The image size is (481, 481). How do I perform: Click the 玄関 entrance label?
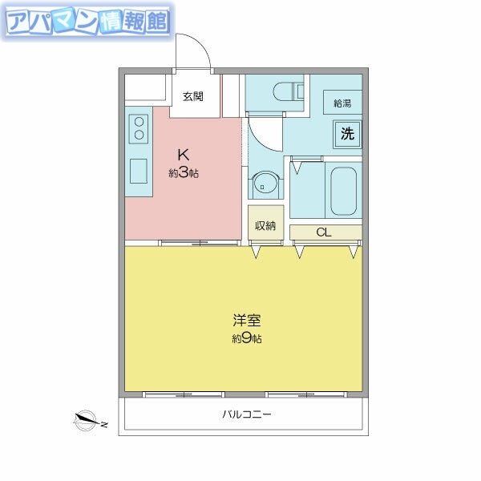[x=192, y=97]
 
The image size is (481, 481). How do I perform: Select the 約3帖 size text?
[x=183, y=173]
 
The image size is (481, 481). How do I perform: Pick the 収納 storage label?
[x=265, y=225]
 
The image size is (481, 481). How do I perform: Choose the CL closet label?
[x=324, y=233]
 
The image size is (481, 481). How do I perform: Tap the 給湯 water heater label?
[x=343, y=103]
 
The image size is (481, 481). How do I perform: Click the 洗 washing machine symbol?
[x=347, y=134]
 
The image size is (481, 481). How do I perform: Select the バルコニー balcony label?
[x=246, y=415]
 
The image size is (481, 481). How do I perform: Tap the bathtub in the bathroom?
[x=342, y=190]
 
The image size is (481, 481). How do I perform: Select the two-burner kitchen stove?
[x=139, y=129]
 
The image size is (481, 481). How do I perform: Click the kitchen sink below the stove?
[x=139, y=171]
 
